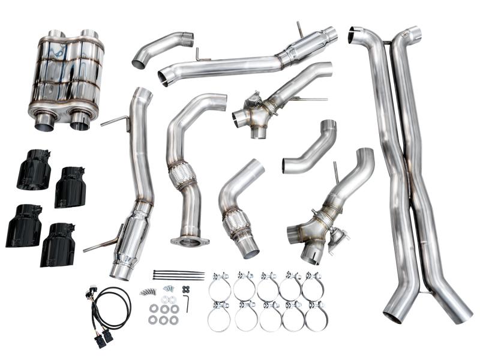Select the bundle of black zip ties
tap(178, 275)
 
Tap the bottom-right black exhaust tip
tap(58, 244)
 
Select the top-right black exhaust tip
tap(70, 187)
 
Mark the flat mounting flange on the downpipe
tap(190, 241)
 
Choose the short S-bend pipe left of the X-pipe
tap(308, 151)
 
